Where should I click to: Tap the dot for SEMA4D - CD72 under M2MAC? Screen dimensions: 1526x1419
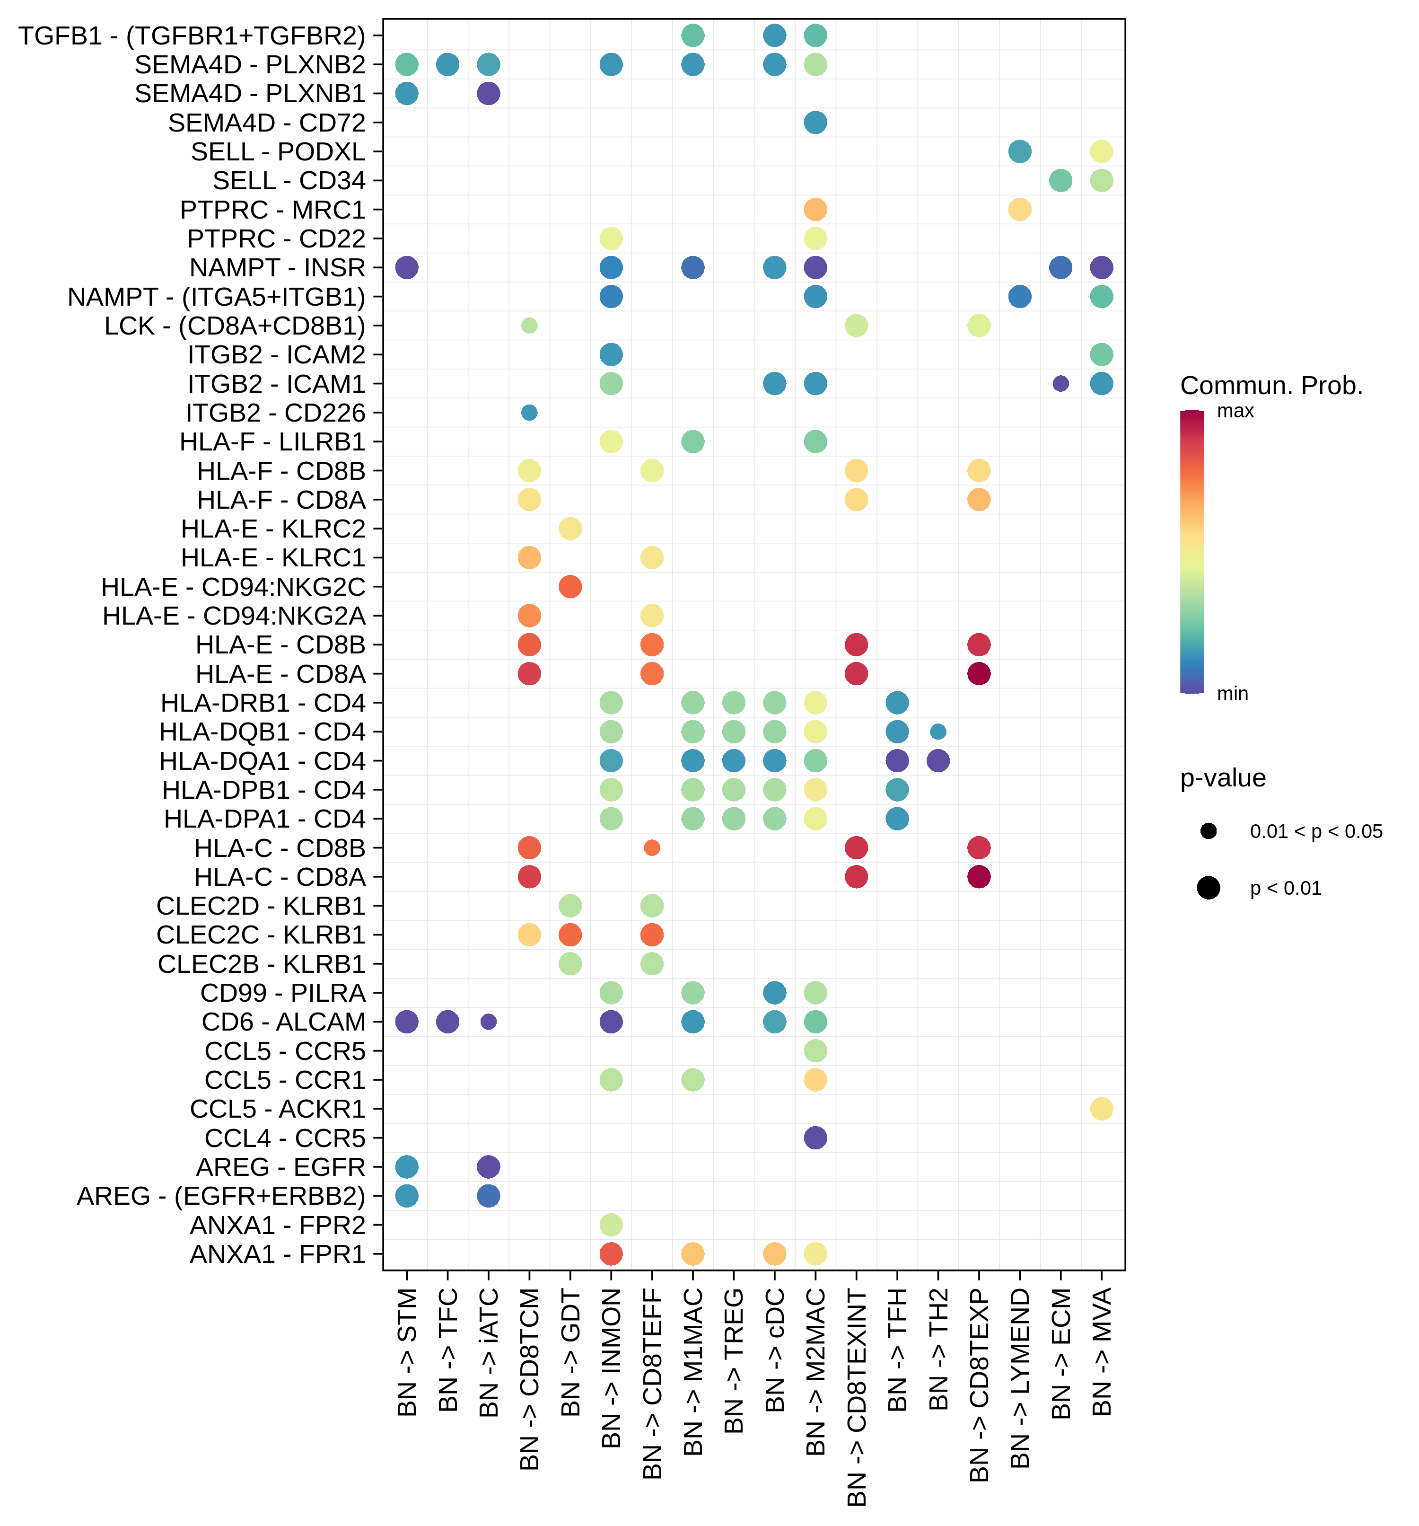point(815,123)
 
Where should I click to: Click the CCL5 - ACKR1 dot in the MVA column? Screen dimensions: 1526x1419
point(1101,1109)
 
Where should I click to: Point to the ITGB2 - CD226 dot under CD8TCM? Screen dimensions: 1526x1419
point(529,413)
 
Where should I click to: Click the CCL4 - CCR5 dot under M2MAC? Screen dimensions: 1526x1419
point(815,1138)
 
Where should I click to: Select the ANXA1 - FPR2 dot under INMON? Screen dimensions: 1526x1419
point(611,1224)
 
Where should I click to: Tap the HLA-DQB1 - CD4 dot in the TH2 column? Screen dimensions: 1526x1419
point(938,732)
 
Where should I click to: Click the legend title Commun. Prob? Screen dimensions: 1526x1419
point(1271,385)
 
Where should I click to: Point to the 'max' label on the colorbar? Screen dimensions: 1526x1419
point(1235,412)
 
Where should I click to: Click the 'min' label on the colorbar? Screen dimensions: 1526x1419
point(1233,694)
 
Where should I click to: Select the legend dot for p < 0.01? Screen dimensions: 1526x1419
point(1208,888)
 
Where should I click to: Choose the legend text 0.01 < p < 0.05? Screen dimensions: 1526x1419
point(1315,831)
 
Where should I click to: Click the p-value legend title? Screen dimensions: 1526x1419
point(1223,778)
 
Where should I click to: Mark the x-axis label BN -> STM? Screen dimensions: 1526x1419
point(407,1352)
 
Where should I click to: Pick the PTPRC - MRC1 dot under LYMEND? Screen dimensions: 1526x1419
point(1019,210)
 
